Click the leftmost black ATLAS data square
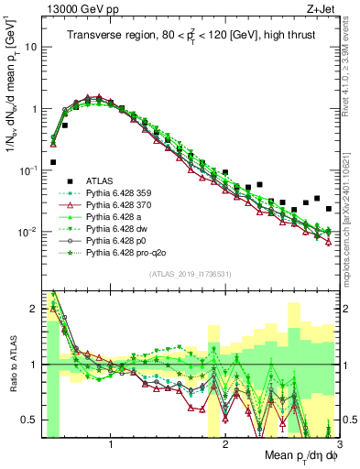click(53, 162)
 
